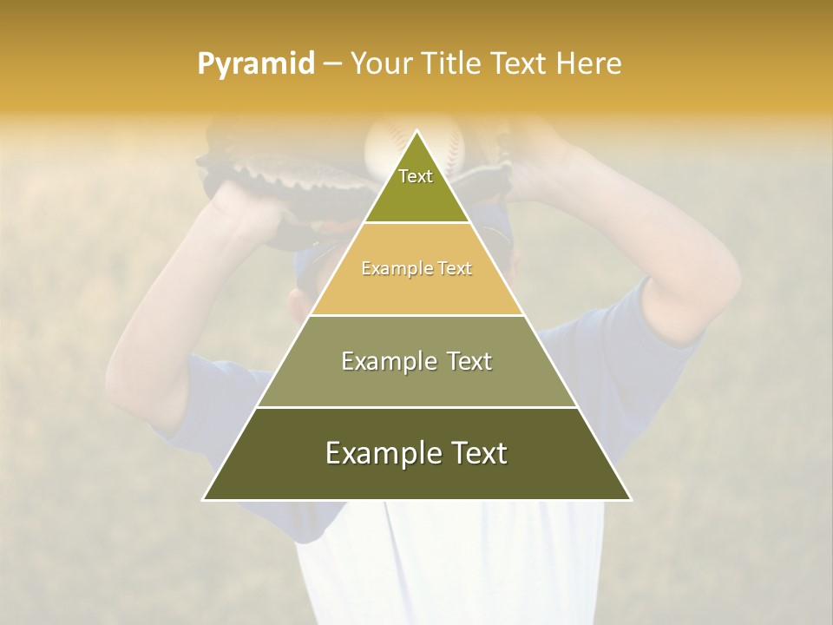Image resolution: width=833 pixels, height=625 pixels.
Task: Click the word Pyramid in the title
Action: tap(256, 64)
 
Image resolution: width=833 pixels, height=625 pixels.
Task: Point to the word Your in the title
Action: tap(379, 64)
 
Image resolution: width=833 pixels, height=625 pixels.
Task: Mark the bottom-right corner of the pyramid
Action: tap(630, 499)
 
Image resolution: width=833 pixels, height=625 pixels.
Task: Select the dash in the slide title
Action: tap(332, 64)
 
